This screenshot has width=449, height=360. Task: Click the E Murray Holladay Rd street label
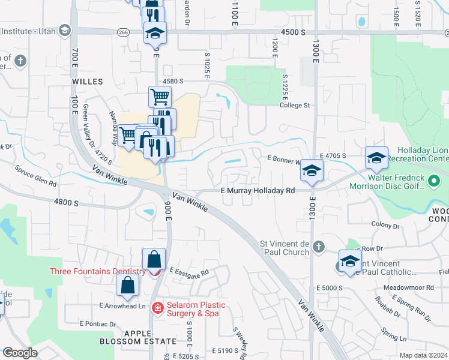(258, 190)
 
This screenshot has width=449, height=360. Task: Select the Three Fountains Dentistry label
(98, 271)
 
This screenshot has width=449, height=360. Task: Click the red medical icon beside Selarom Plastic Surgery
(157, 308)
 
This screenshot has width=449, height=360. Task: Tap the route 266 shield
(124, 32)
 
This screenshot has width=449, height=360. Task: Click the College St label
(294, 106)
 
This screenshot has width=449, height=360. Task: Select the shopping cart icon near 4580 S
(160, 96)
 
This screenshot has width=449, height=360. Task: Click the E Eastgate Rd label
(188, 272)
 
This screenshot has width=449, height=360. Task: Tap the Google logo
(20, 353)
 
